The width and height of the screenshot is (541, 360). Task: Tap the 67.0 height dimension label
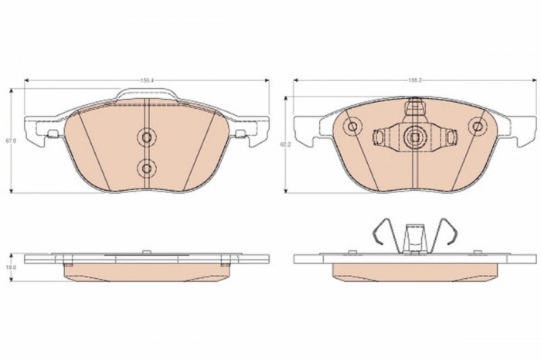10,141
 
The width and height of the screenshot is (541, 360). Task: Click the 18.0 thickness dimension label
10,267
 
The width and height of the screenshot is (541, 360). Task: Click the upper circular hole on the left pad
146,137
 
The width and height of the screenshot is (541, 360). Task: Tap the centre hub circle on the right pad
415,137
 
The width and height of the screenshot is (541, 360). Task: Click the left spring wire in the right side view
379,232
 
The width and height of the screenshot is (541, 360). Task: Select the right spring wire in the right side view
450,232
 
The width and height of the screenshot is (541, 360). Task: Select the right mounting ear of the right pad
516,127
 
